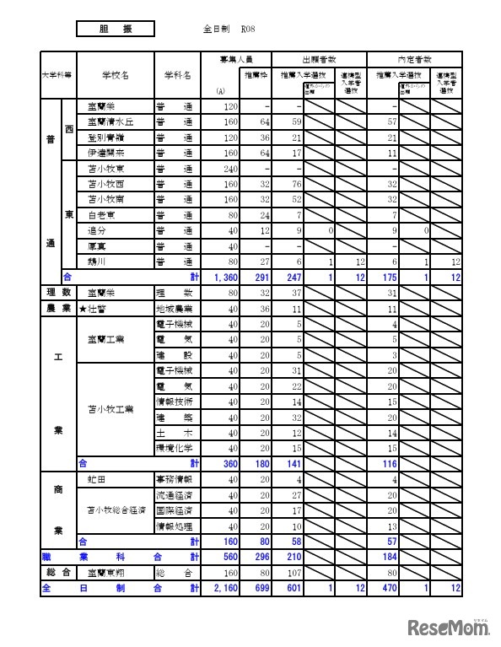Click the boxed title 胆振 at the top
115,28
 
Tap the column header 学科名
177,75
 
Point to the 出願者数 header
320,59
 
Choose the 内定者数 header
414,59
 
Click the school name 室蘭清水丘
110,121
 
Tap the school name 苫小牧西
106,183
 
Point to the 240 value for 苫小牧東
230,168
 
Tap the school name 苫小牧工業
112,409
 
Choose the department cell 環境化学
175,447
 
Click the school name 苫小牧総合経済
117,510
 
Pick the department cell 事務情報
175,478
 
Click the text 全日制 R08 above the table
224,29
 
